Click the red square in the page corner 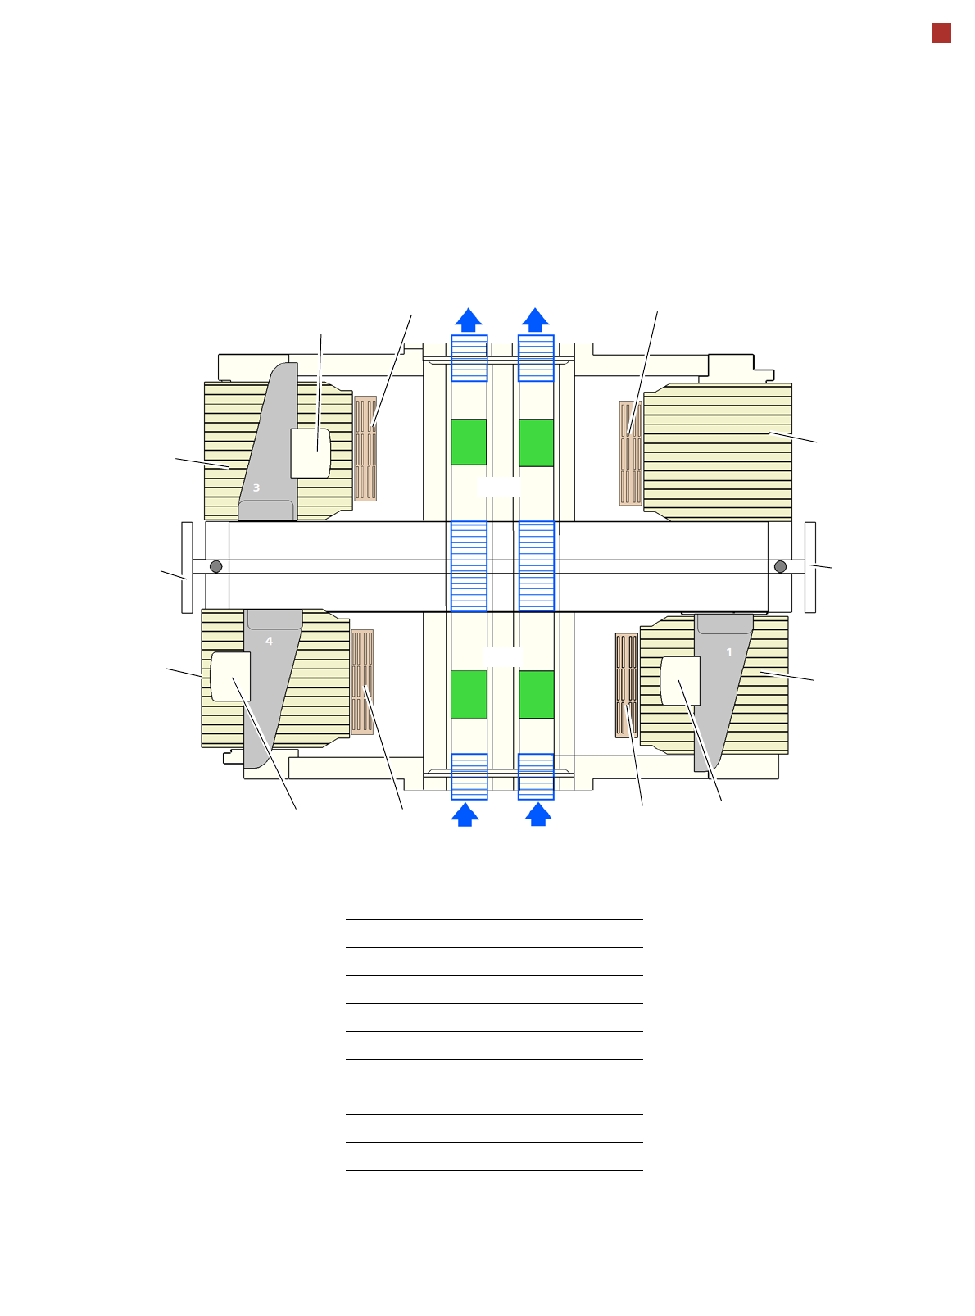coord(941,34)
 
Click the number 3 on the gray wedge coord(256,488)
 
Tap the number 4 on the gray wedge coord(269,641)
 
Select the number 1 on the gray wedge coord(728,652)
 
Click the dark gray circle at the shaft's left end coord(216,566)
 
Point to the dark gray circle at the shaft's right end coord(780,566)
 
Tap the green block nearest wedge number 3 coord(468,442)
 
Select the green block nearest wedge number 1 coord(537,694)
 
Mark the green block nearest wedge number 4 coord(468,694)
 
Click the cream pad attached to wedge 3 coord(311,453)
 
